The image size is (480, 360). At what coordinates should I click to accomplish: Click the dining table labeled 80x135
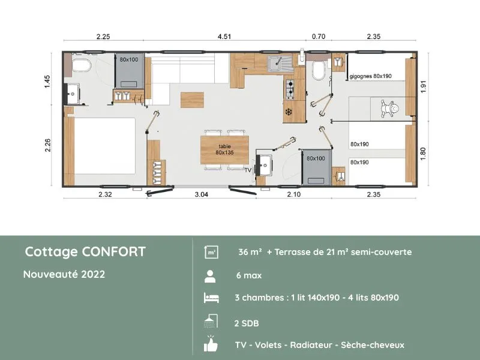point(225,149)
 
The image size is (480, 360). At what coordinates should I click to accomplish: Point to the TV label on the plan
point(249,170)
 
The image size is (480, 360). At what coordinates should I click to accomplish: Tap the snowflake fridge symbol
point(288,112)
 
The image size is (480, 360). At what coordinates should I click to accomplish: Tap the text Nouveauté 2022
point(64,274)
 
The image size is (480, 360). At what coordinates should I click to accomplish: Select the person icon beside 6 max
point(211,276)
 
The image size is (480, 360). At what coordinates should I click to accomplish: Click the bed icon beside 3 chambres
point(211,298)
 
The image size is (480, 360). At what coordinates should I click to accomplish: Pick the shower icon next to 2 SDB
point(211,322)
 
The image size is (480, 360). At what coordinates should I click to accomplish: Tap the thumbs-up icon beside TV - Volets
point(211,345)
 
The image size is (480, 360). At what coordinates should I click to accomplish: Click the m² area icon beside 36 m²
point(211,252)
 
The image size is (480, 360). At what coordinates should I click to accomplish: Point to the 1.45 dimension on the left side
point(47,82)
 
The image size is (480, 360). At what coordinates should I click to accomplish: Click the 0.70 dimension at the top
point(319,37)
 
